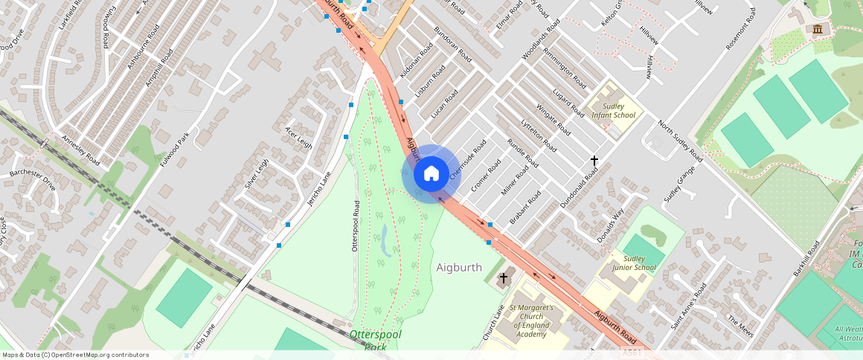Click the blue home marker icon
431,174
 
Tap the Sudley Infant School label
613,111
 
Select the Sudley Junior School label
634,263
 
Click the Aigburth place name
459,267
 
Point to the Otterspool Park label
376,340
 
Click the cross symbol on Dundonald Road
594,160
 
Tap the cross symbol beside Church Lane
504,278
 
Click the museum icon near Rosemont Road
818,29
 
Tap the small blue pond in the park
385,242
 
